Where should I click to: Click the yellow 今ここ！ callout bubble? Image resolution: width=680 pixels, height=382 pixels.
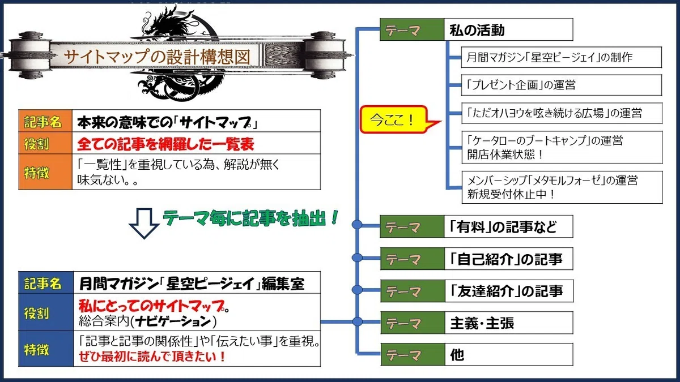tap(394, 119)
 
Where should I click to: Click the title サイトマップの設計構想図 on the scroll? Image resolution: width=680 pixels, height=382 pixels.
tap(157, 57)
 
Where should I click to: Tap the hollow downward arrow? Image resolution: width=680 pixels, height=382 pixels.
tap(144, 224)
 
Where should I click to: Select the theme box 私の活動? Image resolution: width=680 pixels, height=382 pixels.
tap(508, 29)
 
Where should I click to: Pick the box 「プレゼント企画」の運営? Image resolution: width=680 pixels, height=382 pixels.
tap(562, 85)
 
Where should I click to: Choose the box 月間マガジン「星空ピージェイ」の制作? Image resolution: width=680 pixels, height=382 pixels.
tap(562, 57)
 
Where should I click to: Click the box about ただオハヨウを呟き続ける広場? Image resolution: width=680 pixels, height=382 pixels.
tap(562, 113)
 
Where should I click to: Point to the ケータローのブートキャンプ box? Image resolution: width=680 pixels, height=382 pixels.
tap(562, 147)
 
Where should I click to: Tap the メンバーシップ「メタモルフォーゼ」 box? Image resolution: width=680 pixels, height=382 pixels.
tap(562, 187)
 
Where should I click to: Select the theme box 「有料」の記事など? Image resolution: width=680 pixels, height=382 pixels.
tap(508, 226)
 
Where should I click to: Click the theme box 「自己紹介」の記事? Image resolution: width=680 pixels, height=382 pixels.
tap(509, 259)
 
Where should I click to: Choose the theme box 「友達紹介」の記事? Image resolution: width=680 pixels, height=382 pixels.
tap(509, 291)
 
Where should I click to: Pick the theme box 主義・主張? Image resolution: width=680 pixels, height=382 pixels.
tap(509, 323)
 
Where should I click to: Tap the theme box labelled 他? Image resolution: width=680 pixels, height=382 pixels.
tap(509, 355)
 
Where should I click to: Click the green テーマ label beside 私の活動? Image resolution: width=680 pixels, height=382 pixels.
tap(412, 29)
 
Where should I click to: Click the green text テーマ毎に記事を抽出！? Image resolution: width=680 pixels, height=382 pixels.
tap(250, 218)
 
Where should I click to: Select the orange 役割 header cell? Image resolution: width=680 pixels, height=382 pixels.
tap(45, 143)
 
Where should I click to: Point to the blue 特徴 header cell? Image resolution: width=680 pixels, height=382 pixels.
tap(46, 349)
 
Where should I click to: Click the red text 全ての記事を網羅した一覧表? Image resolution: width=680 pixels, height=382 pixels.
tap(165, 144)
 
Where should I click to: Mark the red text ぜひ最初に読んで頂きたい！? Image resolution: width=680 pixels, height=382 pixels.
tap(152, 356)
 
